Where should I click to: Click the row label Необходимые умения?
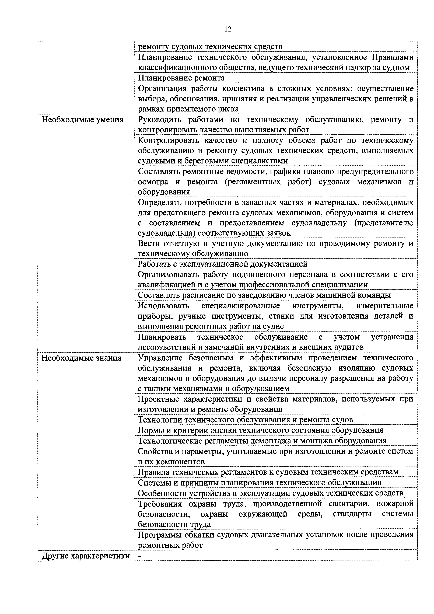click(82, 120)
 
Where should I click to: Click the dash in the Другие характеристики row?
click(140, 556)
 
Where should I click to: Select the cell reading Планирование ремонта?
click(181, 78)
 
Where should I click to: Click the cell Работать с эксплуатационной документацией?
click(222, 264)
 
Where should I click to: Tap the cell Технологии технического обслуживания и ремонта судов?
click(245, 420)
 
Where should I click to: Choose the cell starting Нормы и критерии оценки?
click(260, 430)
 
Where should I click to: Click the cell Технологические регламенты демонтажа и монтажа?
click(262, 440)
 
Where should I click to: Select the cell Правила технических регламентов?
click(268, 472)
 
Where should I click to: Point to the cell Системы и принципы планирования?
click(259, 482)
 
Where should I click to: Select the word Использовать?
click(163, 306)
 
